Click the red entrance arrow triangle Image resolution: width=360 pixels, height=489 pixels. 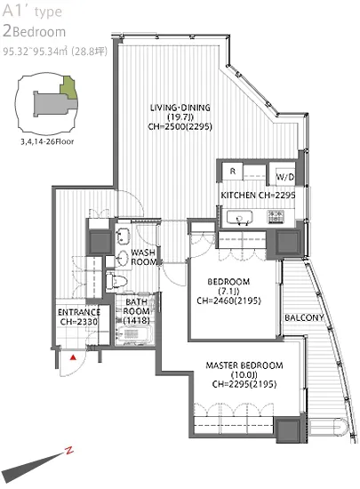point(73,357)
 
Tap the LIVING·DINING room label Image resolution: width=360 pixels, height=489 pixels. point(180,108)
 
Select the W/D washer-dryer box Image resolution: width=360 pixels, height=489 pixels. point(285,177)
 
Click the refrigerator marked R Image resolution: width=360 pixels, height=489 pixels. point(233,172)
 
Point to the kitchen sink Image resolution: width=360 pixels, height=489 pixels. point(239,217)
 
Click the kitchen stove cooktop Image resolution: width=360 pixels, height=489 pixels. point(276,217)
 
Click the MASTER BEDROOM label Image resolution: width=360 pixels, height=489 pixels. point(244,365)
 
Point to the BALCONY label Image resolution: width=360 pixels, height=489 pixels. point(304,317)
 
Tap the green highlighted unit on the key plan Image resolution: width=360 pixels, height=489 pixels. point(68,88)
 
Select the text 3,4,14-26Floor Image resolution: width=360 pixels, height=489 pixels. point(47,142)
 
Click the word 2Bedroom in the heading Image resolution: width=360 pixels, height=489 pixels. point(34,31)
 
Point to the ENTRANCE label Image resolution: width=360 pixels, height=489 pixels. point(79,312)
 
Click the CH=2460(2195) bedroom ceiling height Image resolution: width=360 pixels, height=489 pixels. point(229,301)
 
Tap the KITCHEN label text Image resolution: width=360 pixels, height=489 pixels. point(238,196)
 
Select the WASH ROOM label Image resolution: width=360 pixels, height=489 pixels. point(143,257)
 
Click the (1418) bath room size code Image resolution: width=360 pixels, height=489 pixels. point(137,320)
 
